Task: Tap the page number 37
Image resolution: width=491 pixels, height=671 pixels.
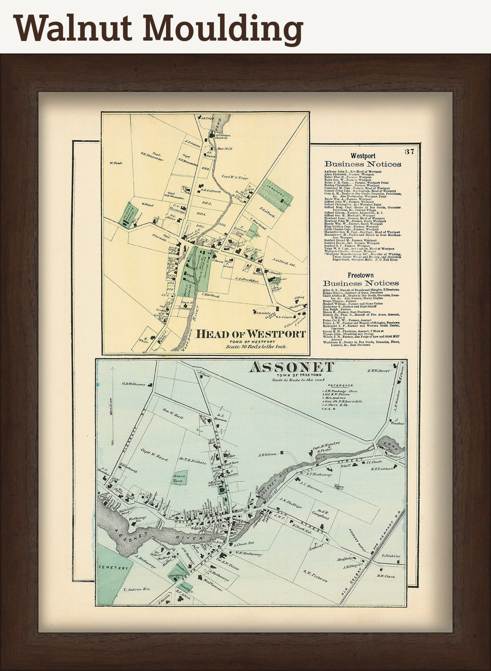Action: (410, 152)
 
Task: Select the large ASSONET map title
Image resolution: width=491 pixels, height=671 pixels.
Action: (292, 367)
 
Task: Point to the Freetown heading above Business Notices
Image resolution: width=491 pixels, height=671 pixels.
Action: (361, 275)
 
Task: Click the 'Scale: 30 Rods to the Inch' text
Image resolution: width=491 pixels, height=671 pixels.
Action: (256, 347)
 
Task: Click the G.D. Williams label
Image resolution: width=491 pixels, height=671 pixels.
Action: (134, 384)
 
